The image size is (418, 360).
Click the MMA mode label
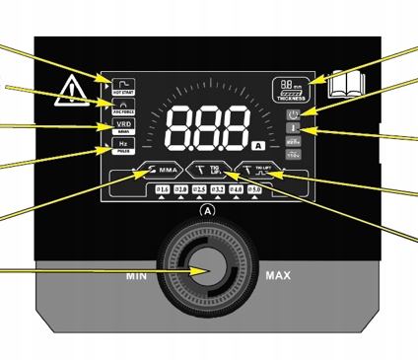click(162, 170)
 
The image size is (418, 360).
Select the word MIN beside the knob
click(137, 277)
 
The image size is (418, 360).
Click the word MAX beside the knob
click(278, 277)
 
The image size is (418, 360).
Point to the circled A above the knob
click(207, 211)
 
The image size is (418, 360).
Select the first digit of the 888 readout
click(183, 128)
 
